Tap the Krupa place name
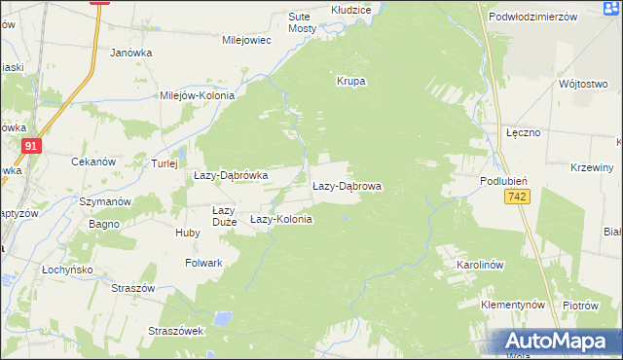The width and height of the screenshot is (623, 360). pyautogui.click(x=350, y=82)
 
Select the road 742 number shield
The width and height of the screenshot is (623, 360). pyautogui.click(x=517, y=198)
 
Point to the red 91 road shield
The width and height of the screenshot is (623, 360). pyautogui.click(x=32, y=146)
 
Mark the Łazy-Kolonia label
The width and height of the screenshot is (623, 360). pyautogui.click(x=281, y=220)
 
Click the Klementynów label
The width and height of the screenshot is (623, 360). pyautogui.click(x=513, y=305)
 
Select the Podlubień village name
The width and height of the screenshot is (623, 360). pyautogui.click(x=504, y=182)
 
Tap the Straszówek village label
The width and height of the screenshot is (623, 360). pyautogui.click(x=175, y=331)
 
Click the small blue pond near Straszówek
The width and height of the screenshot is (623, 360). pyautogui.click(x=224, y=317)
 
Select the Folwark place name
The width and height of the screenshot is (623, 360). pyautogui.click(x=204, y=263)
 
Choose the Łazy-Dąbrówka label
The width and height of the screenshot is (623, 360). pyautogui.click(x=231, y=175)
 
